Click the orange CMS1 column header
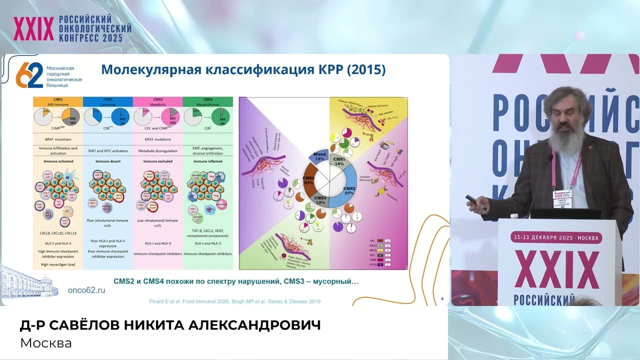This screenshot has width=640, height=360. (57, 101)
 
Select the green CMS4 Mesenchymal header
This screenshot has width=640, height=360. (207, 101)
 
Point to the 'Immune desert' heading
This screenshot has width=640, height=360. (107, 162)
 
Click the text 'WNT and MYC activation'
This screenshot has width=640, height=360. (107, 150)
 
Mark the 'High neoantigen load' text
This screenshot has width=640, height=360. (57, 264)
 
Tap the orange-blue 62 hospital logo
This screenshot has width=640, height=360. (29, 75)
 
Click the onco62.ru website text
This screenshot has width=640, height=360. (86, 290)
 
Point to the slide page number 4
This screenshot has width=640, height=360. (442, 299)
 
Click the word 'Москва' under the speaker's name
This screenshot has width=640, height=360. (46, 343)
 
